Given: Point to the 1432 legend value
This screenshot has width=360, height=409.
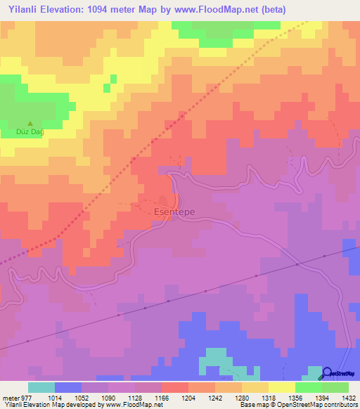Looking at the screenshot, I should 348,397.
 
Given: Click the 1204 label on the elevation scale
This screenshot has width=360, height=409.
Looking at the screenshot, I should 188,397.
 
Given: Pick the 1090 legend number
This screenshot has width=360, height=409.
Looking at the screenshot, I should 108,397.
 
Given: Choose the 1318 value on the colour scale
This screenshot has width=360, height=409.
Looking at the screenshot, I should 269,397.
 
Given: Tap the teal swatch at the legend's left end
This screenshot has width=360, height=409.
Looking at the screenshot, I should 41,387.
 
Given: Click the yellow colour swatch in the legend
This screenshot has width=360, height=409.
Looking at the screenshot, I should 282,387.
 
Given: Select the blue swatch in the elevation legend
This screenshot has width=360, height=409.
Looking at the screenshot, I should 68,387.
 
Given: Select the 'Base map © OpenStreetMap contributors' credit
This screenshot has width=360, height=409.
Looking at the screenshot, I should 298,405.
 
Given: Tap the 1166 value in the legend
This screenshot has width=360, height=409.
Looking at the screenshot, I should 162,397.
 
